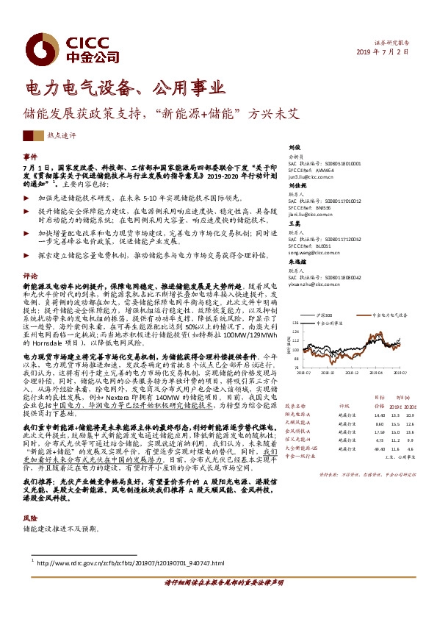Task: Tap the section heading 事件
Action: pos(30,157)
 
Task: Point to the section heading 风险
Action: pos(30,518)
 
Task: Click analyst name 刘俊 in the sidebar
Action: pos(295,147)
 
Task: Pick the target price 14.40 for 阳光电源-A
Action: pos(380,415)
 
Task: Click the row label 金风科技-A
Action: pos(299,432)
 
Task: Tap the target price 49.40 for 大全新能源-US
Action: pos(380,448)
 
